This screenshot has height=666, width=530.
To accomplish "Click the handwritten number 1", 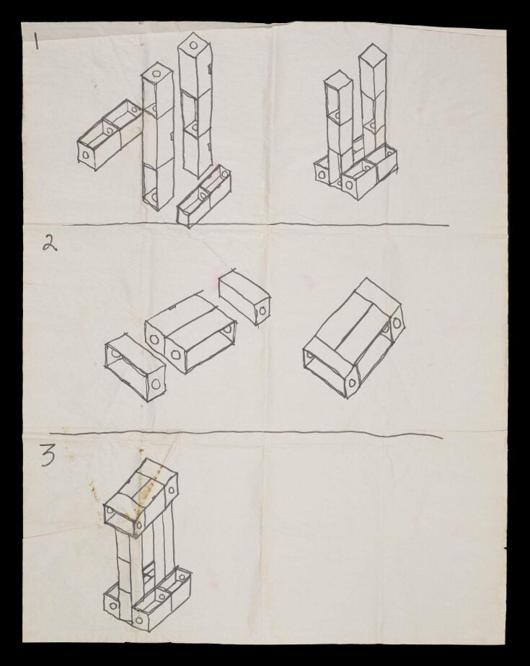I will coord(35,42).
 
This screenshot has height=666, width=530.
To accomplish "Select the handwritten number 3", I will coord(48,457).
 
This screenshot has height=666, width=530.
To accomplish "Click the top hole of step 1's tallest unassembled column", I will coord(194,45).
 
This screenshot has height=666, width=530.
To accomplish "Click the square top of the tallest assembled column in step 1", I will coord(371,54).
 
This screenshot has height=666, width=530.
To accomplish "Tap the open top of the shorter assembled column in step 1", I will coord(337,80).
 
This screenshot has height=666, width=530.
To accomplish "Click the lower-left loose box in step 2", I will coord(135,366).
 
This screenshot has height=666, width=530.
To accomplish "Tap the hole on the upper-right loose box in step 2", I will coord(263,311).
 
